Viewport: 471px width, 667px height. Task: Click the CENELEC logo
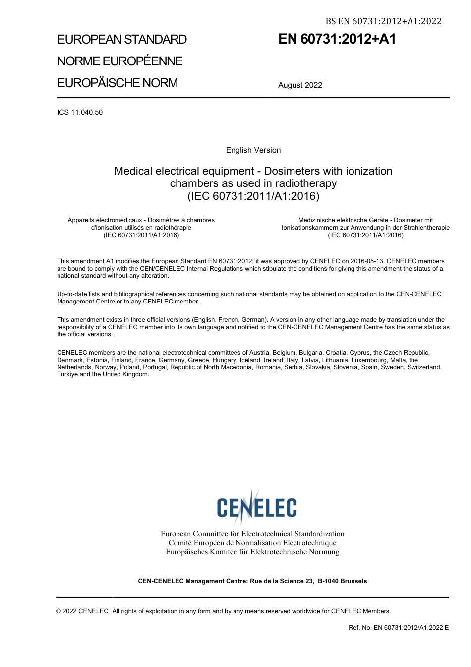(x=256, y=507)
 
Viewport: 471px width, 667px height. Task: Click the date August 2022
(x=300, y=85)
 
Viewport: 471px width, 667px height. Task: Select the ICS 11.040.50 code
(x=80, y=112)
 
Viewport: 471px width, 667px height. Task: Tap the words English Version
(x=253, y=150)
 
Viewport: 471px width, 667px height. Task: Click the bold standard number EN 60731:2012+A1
(x=337, y=39)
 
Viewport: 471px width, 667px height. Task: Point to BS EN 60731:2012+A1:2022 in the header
(x=383, y=21)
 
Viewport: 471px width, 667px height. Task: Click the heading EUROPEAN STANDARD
(x=122, y=40)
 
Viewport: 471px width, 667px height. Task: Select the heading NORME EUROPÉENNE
(x=120, y=61)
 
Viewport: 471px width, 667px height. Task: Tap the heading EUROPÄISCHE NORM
(x=118, y=83)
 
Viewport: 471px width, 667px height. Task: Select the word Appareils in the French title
(x=81, y=220)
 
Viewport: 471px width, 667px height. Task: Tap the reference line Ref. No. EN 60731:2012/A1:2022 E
(x=399, y=628)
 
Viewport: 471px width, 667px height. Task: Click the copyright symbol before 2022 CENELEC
(x=59, y=611)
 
